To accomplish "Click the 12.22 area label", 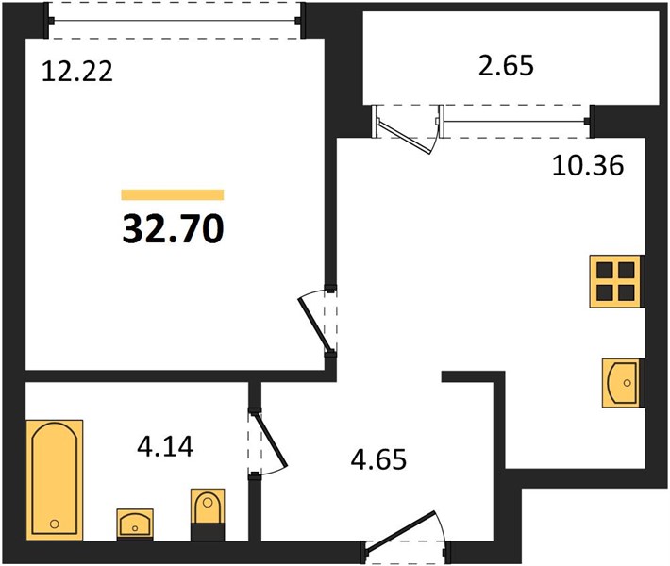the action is (77, 71).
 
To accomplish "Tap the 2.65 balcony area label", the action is (506, 66).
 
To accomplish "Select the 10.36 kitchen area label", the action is (588, 165).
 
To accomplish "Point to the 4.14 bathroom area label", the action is (165, 447).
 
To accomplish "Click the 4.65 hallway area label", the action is (378, 459).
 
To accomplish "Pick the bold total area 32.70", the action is (173, 228).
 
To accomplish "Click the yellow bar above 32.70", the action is (173, 194).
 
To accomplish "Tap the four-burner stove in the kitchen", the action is (616, 281).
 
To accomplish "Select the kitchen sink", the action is (622, 383).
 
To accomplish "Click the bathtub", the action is (55, 480).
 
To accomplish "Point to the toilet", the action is (208, 514).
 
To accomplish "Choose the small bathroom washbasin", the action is (135, 524).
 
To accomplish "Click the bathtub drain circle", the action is (55, 524).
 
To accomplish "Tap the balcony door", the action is (406, 127).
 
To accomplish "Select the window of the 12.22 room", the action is (176, 20).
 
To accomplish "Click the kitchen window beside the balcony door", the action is (515, 122).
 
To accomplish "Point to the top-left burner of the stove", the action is (605, 271).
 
